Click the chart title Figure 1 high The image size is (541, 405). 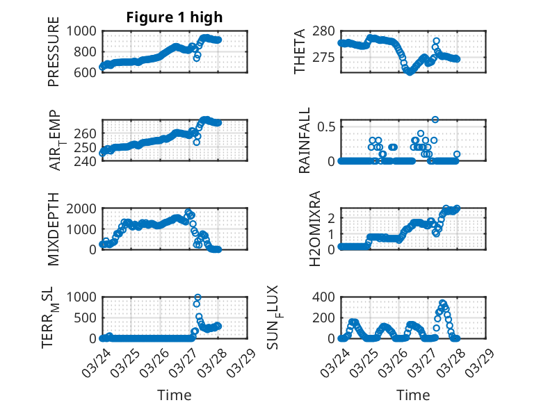pos(174,17)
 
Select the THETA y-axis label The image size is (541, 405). pos(300,51)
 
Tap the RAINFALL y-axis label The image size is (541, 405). pos(305,144)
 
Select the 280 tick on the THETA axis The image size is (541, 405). pos(324,31)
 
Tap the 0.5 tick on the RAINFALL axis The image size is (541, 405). pos(326,126)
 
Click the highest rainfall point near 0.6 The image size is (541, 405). pos(435,119)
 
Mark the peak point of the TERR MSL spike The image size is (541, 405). pos(197,297)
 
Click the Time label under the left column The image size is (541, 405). pos(175,395)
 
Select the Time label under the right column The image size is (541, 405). pos(413,395)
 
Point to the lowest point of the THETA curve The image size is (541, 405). pos(410,72)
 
